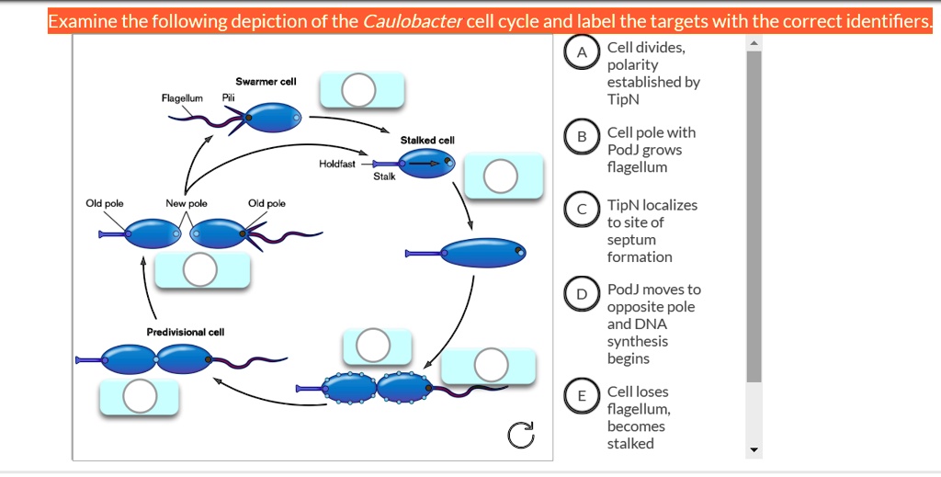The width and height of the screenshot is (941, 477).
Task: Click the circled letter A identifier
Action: tap(581, 53)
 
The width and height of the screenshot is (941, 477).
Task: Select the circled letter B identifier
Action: tap(581, 138)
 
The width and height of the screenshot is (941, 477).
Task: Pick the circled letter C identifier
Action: tap(581, 210)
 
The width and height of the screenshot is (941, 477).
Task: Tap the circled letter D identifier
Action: tap(581, 294)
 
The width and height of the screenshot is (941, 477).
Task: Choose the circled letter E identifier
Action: tap(581, 396)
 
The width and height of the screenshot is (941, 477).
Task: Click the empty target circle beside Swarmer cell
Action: tap(358, 90)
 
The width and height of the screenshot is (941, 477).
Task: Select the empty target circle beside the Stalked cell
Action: tap(501, 176)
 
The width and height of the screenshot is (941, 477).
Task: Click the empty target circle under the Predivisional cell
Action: tap(140, 396)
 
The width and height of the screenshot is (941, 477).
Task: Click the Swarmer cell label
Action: tap(266, 82)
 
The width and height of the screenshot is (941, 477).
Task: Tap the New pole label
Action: tap(187, 203)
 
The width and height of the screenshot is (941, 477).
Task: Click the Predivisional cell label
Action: tap(186, 332)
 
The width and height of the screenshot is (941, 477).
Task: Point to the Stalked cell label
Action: tap(427, 140)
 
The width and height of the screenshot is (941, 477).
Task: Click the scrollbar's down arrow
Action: tap(754, 450)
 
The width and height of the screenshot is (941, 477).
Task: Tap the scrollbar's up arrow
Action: tap(754, 43)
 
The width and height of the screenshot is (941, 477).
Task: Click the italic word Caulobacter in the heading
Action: tap(413, 21)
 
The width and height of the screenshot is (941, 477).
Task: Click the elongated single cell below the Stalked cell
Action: tap(482, 251)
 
